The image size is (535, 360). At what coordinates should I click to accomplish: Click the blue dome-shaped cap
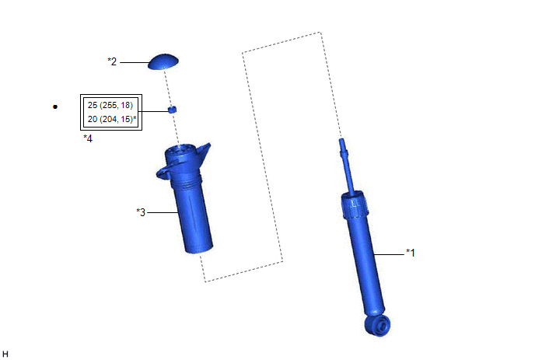point(163,61)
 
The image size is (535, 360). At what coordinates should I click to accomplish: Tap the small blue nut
point(173,110)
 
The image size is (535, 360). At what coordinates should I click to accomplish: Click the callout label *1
point(411,253)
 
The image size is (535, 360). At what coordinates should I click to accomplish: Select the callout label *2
point(112,61)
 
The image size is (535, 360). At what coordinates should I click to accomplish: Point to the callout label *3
point(141,212)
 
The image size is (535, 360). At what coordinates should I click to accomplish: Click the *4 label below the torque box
point(88,138)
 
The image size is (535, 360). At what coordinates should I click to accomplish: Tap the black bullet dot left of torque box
point(55,107)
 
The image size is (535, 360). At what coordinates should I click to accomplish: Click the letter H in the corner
point(5,355)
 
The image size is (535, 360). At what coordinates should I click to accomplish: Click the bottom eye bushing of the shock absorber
point(378,325)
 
